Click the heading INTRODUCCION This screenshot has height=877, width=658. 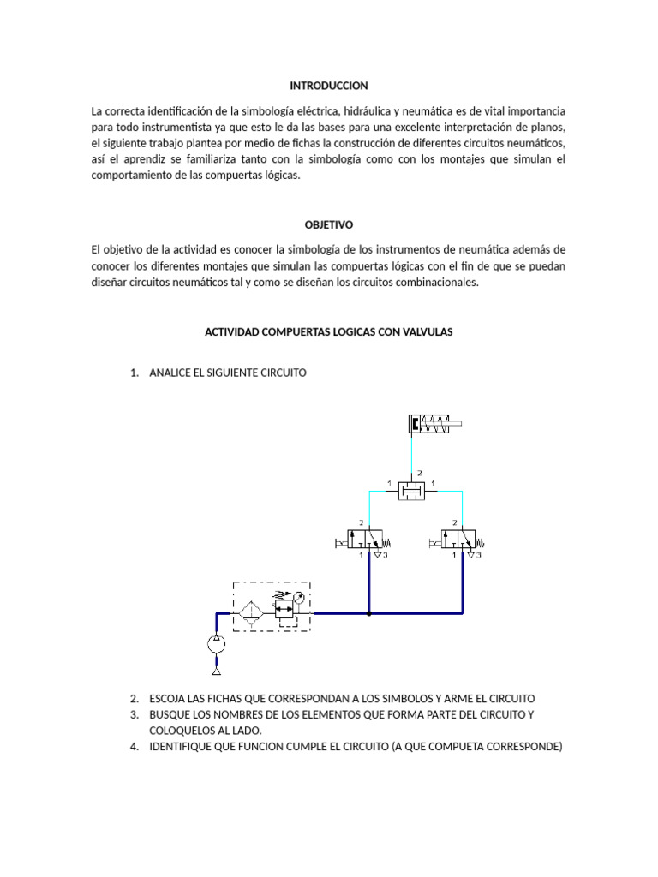click(x=328, y=86)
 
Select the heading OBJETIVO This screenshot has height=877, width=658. click(x=328, y=224)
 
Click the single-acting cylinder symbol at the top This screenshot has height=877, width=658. click(x=435, y=423)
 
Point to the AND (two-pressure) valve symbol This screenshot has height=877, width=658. click(x=412, y=490)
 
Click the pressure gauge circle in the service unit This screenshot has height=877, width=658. click(x=299, y=598)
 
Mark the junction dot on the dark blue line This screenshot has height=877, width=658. click(x=368, y=613)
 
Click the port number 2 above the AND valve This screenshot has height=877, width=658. click(x=419, y=473)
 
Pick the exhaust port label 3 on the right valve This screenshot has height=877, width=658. click(x=481, y=556)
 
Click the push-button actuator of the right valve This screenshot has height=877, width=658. click(x=436, y=540)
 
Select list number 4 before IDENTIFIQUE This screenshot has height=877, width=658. click(x=135, y=746)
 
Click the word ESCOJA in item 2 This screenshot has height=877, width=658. click(x=167, y=698)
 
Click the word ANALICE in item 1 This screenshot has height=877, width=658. click(x=170, y=373)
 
